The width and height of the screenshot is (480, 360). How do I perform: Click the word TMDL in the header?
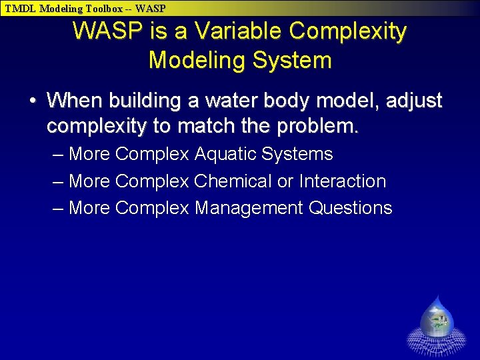coord(20,9)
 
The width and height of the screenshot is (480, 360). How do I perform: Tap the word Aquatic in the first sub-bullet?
coord(226,154)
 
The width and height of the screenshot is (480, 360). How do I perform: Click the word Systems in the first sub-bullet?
coord(297,154)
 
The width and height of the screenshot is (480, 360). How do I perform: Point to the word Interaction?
coord(343,181)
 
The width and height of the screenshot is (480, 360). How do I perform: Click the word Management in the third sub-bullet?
coord(249,208)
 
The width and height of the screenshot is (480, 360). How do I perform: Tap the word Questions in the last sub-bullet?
coord(351,208)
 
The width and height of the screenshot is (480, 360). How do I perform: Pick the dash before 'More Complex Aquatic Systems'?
coord(58,154)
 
